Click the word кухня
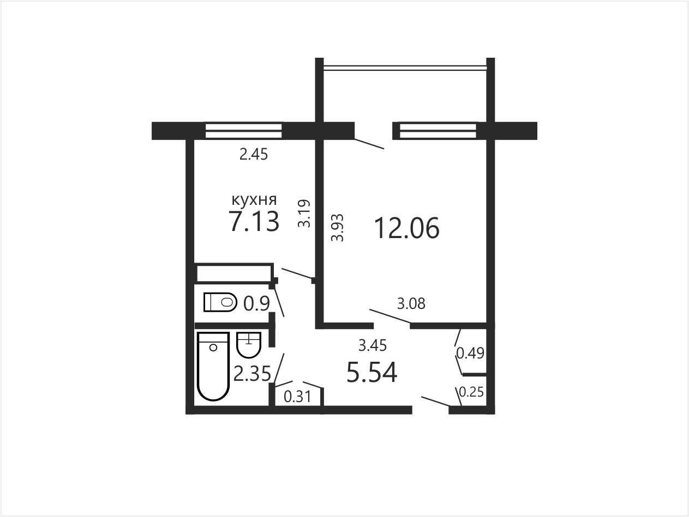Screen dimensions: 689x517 pyautogui.click(x=254, y=200)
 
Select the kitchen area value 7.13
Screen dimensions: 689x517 pyautogui.click(x=254, y=221)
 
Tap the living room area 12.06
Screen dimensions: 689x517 pyautogui.click(x=407, y=228)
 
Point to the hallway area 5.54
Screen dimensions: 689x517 pyautogui.click(x=372, y=372)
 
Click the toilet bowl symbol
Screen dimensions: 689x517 pyautogui.click(x=220, y=302)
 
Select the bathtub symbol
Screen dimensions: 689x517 pyautogui.click(x=213, y=366)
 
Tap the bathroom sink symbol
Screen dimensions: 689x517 pyautogui.click(x=249, y=345)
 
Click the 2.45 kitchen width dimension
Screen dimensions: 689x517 pyautogui.click(x=254, y=154)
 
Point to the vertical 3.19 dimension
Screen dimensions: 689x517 pyautogui.click(x=304, y=213)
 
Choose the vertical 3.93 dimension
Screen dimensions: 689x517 pyautogui.click(x=338, y=228)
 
